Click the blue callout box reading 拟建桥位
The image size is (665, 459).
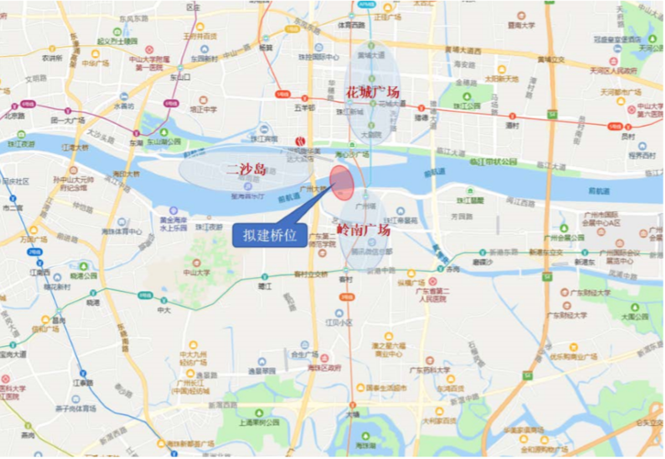click(266, 235)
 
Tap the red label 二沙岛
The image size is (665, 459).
click(245, 169)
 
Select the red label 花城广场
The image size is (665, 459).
click(372, 93)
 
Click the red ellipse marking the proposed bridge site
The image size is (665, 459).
click(342, 182)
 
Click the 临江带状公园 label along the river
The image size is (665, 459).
click(496, 161)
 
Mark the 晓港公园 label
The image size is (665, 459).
click(83, 274)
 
